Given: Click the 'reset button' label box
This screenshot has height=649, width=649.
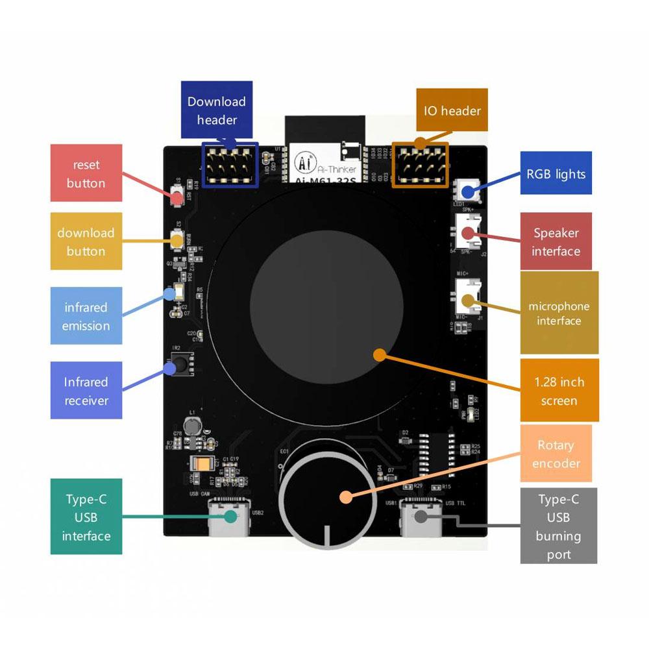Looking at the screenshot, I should [x=86, y=173].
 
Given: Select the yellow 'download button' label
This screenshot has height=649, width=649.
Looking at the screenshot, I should [x=86, y=241].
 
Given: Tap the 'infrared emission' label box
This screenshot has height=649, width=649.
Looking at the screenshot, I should [x=86, y=316].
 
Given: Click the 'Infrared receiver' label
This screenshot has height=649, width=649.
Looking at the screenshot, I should [x=86, y=391].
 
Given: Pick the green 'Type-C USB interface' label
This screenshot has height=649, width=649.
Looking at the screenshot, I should [x=86, y=517].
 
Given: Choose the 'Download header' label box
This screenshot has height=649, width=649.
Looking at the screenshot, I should [x=217, y=110].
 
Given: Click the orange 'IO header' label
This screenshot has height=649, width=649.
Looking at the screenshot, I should [x=452, y=110].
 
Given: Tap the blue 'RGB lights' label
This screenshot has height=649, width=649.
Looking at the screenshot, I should [x=556, y=174].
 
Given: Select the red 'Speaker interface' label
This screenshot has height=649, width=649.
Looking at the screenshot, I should [x=556, y=241].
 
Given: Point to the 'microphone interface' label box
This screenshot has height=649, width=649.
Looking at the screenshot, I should [x=559, y=313].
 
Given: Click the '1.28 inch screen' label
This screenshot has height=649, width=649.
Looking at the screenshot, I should [x=559, y=391].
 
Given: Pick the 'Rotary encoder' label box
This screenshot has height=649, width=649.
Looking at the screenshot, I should [x=556, y=454].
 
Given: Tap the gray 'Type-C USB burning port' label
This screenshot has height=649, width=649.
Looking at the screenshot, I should [x=559, y=526].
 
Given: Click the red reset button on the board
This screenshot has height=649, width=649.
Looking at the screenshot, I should [x=177, y=195].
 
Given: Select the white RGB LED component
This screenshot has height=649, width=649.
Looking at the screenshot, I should [x=467, y=191].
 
